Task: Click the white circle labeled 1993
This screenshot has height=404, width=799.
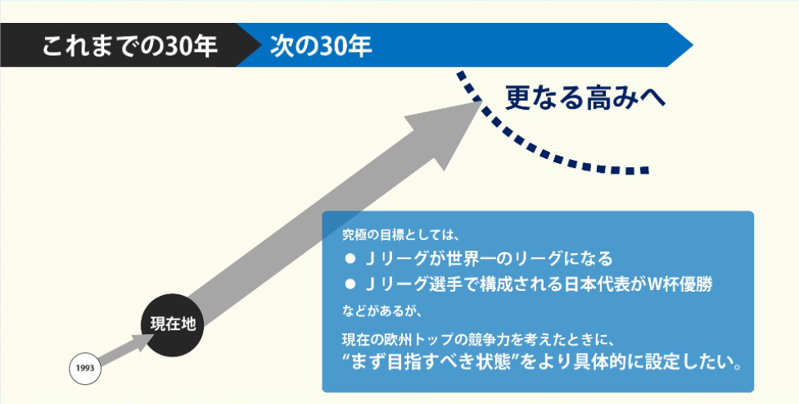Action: tap(85, 368)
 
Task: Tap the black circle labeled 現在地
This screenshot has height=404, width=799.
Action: tap(173, 324)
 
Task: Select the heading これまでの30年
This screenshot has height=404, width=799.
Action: tap(130, 46)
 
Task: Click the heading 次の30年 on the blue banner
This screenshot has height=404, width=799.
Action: tap(322, 46)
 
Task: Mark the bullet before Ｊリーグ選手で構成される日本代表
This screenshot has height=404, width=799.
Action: tap(350, 284)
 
